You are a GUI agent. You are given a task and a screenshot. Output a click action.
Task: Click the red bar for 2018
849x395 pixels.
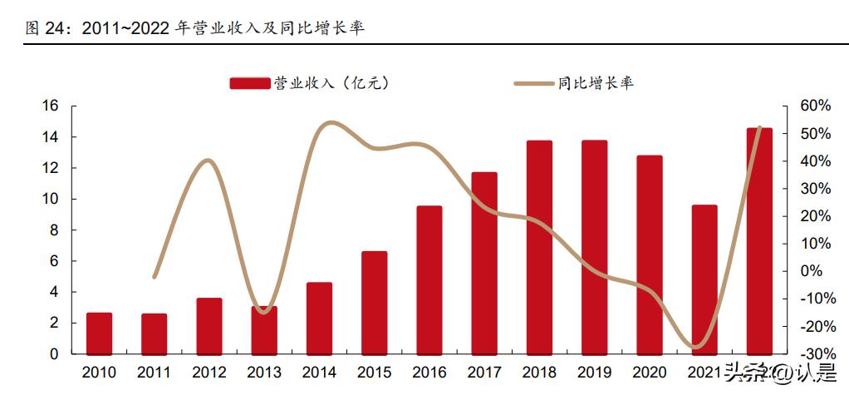click(539, 247)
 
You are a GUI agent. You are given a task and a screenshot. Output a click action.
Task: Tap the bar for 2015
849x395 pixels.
click(375, 302)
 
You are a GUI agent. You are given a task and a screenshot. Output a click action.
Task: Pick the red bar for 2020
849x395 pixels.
click(649, 254)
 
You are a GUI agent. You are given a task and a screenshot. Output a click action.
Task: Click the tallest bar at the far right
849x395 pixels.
click(759, 241)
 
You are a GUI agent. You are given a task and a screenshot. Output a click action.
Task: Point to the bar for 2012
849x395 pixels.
click(209, 325)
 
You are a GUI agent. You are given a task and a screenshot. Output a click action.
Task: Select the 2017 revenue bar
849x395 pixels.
click(484, 263)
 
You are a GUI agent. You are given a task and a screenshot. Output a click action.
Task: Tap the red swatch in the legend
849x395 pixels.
click(250, 83)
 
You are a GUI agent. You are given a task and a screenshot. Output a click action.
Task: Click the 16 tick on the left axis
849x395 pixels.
click(50, 106)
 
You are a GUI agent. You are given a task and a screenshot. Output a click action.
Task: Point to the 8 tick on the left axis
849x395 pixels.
click(54, 230)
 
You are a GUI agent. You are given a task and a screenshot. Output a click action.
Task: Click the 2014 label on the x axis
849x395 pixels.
click(319, 372)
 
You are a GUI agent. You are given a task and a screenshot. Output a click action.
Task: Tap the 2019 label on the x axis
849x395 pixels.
click(594, 372)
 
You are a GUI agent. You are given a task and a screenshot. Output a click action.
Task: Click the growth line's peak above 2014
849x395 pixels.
click(329, 123)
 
